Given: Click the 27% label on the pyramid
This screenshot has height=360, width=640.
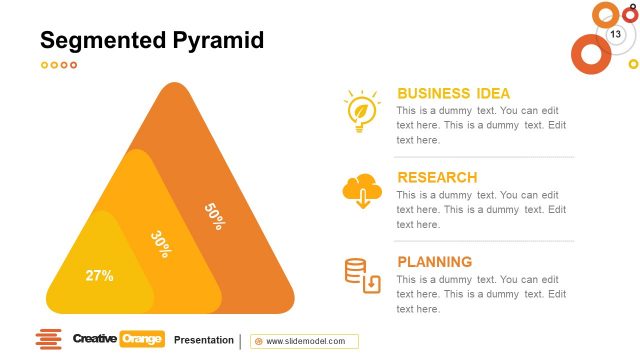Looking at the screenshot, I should (99, 275).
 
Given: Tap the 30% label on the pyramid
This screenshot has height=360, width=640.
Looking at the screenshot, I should (159, 243).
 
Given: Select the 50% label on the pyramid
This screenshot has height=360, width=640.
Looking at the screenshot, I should (214, 216).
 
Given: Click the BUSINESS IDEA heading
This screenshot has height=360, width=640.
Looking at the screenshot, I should (453, 93).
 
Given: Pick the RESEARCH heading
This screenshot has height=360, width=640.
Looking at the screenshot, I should (437, 178).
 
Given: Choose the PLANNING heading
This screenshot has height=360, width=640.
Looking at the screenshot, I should (435, 262).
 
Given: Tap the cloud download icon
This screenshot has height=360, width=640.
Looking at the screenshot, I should (361, 190).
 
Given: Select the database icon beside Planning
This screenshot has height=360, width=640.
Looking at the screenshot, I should (362, 276).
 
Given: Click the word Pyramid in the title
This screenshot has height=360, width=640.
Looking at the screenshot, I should (217, 41).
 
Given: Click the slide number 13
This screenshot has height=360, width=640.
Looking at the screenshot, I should (616, 35).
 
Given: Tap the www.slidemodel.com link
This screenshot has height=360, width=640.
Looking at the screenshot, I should (305, 341).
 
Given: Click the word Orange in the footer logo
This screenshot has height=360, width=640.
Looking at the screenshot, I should (141, 339).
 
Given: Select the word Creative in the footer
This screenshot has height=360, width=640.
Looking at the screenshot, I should (94, 339).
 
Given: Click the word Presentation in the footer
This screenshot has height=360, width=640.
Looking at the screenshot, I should (203, 340).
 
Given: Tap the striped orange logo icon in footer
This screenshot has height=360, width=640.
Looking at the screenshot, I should (48, 340).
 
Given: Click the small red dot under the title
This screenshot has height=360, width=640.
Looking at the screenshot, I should (73, 65).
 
